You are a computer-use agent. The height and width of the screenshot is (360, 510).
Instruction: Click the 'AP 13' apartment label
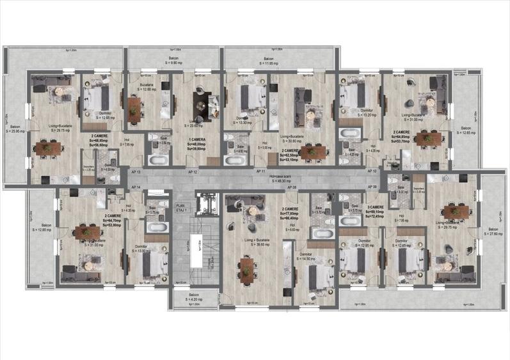[135, 173]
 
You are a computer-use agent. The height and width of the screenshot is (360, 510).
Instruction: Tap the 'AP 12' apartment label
[192, 173]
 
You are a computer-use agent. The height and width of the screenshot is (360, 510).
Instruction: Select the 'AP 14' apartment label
[135, 186]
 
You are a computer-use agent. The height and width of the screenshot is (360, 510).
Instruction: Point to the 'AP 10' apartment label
[372, 172]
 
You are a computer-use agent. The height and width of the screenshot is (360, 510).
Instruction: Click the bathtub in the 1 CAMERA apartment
[157, 160]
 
